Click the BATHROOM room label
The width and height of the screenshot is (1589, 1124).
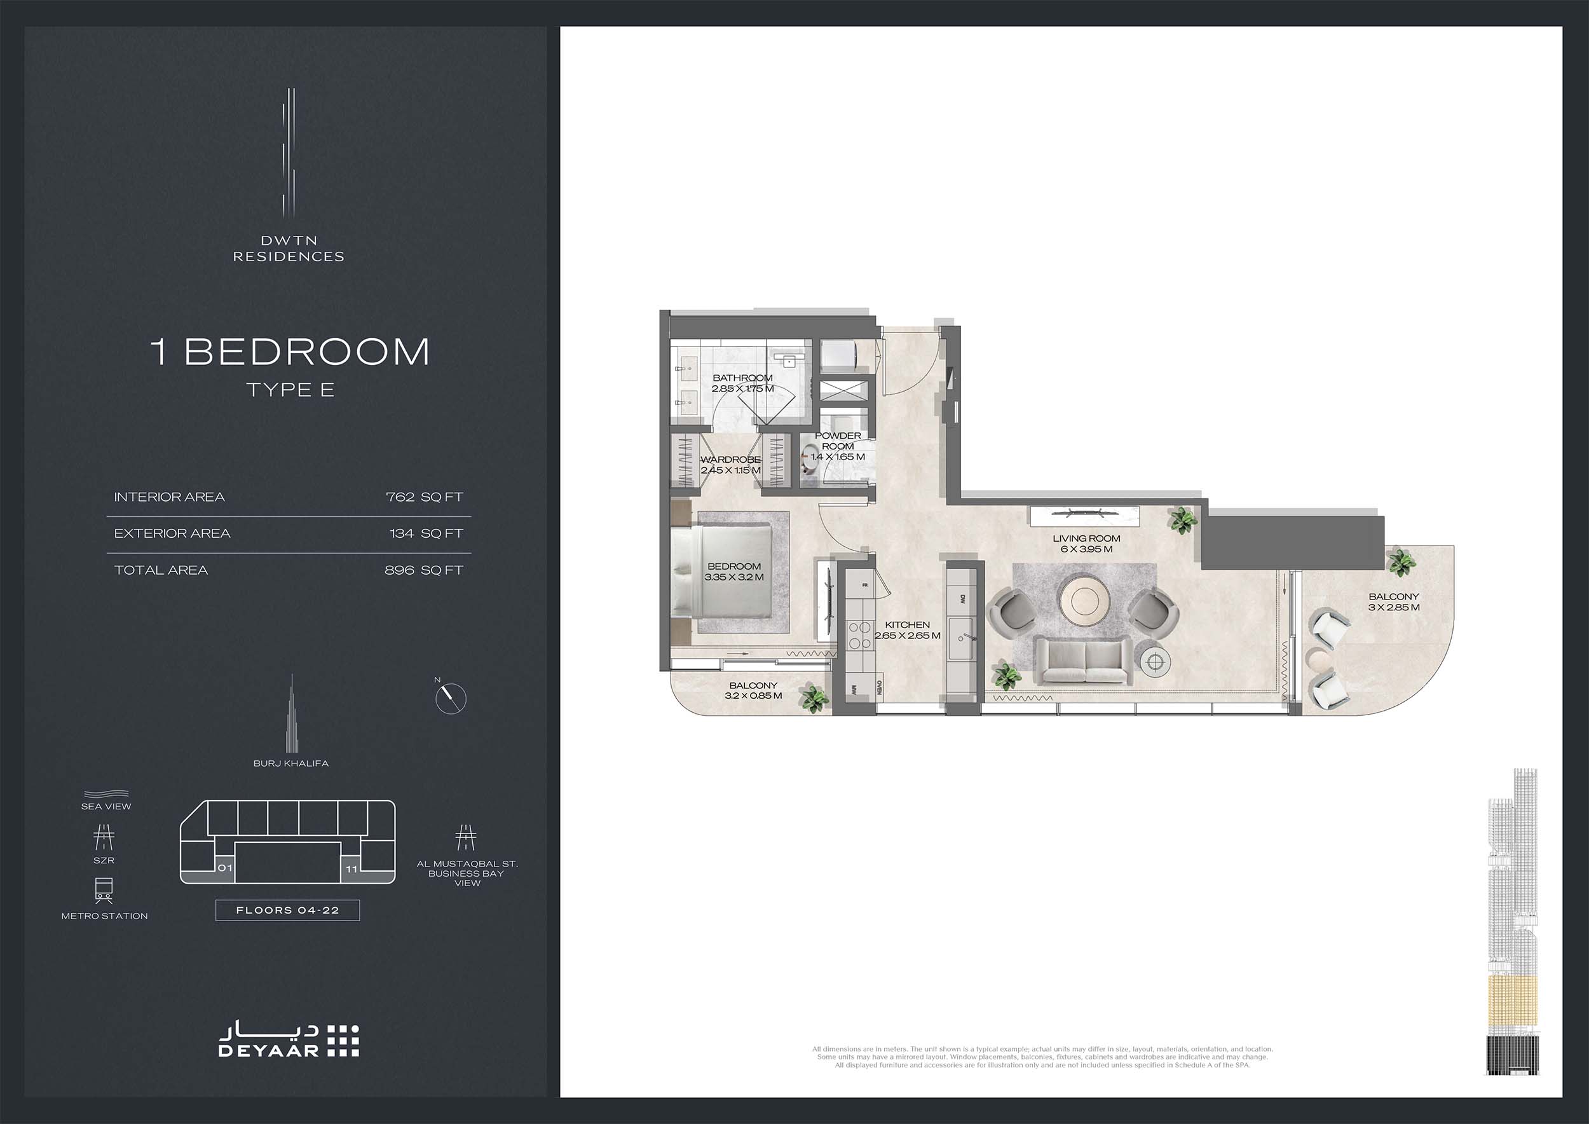click(x=742, y=378)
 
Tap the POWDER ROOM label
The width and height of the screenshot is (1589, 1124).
click(x=838, y=441)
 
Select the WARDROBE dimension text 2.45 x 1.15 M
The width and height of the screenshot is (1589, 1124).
click(x=731, y=470)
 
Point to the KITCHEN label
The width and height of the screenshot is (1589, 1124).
click(x=907, y=625)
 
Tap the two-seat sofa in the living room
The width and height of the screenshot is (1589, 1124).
click(x=1084, y=662)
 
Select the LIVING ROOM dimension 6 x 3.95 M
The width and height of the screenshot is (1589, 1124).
click(x=1086, y=549)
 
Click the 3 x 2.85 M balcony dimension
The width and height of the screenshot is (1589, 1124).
click(x=1394, y=608)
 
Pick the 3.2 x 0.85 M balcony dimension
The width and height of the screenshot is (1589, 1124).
click(x=753, y=696)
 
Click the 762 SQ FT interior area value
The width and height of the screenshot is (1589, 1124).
click(x=424, y=497)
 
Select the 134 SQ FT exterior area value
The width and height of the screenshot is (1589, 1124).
click(x=426, y=533)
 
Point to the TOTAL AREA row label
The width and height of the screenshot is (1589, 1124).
click(x=161, y=570)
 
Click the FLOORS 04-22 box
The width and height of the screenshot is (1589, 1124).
click(x=288, y=910)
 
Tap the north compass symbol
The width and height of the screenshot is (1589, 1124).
click(x=451, y=698)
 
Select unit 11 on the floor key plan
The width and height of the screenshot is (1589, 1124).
click(x=351, y=869)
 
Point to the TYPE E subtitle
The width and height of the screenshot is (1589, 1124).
click(x=290, y=390)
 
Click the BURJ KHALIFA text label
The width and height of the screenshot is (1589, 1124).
click(x=290, y=764)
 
